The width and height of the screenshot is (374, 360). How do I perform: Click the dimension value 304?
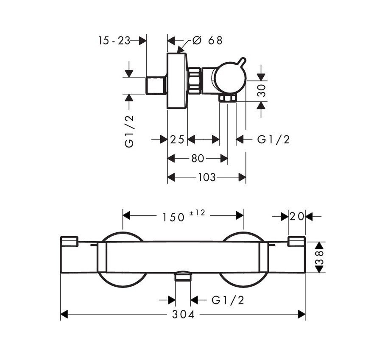pyautogui.click(x=183, y=314)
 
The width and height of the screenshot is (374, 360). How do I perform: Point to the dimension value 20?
pyautogui.click(x=297, y=216)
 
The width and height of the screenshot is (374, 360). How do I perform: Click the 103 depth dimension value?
pyautogui.click(x=207, y=177)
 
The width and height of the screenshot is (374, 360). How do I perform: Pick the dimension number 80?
pyautogui.click(x=197, y=158)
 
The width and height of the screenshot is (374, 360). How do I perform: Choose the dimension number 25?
pyautogui.click(x=177, y=139)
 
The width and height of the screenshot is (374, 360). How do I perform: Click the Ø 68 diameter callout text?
pyautogui.click(x=207, y=40)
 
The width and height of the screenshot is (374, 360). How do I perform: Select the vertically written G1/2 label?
pyautogui.click(x=129, y=131)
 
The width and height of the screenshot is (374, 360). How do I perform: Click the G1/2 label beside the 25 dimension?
pyautogui.click(x=274, y=139)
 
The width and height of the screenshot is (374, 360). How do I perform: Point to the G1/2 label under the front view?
pyautogui.click(x=228, y=300)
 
